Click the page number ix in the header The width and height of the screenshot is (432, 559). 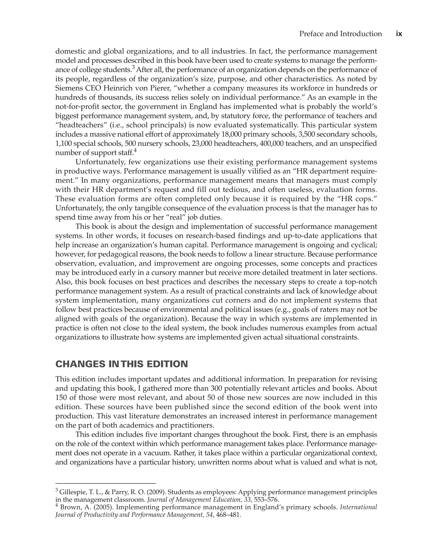399,34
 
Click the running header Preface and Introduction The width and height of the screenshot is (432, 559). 340,34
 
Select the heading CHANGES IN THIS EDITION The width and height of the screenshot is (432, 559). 121,364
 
